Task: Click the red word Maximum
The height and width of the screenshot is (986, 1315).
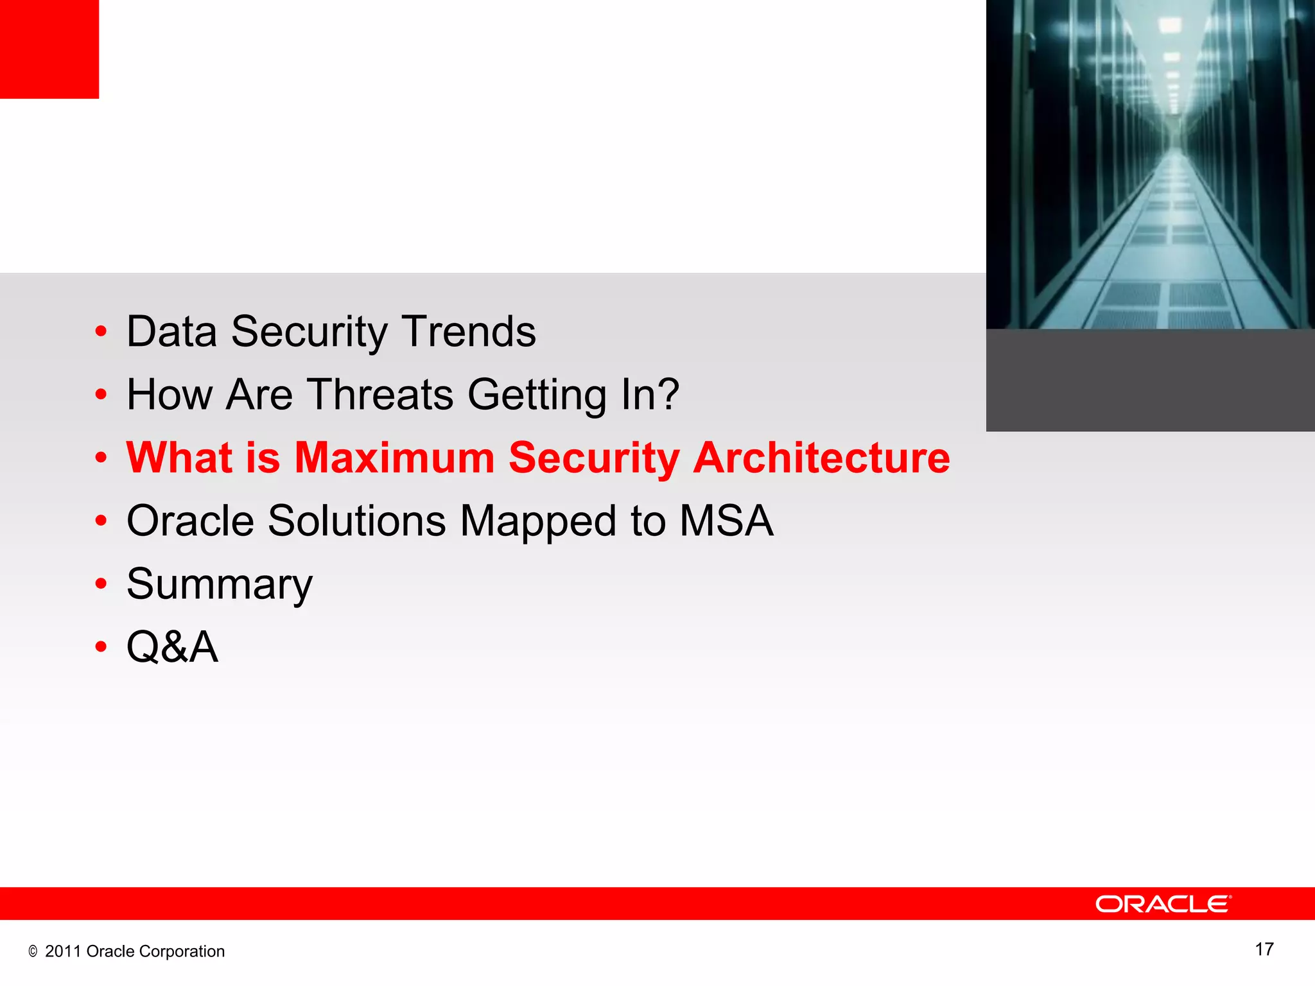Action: (394, 458)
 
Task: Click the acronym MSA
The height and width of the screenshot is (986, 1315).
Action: (726, 521)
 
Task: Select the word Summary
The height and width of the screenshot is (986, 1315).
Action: (219, 585)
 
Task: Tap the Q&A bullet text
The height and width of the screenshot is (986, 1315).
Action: (172, 646)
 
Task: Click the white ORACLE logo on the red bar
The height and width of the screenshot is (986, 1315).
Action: (1163, 904)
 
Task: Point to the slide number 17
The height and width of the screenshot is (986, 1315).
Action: (1264, 949)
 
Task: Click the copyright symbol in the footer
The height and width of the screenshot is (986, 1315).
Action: (33, 952)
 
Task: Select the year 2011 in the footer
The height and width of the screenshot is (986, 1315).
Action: (63, 951)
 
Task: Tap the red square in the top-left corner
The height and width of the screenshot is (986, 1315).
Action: (49, 49)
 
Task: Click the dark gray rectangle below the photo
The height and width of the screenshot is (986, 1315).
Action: (1150, 380)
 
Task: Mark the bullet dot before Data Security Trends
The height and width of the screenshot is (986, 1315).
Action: (101, 333)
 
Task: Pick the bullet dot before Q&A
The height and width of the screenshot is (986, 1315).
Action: (101, 647)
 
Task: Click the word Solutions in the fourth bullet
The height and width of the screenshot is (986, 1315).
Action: (356, 521)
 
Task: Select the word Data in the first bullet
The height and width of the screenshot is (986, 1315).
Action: (171, 332)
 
